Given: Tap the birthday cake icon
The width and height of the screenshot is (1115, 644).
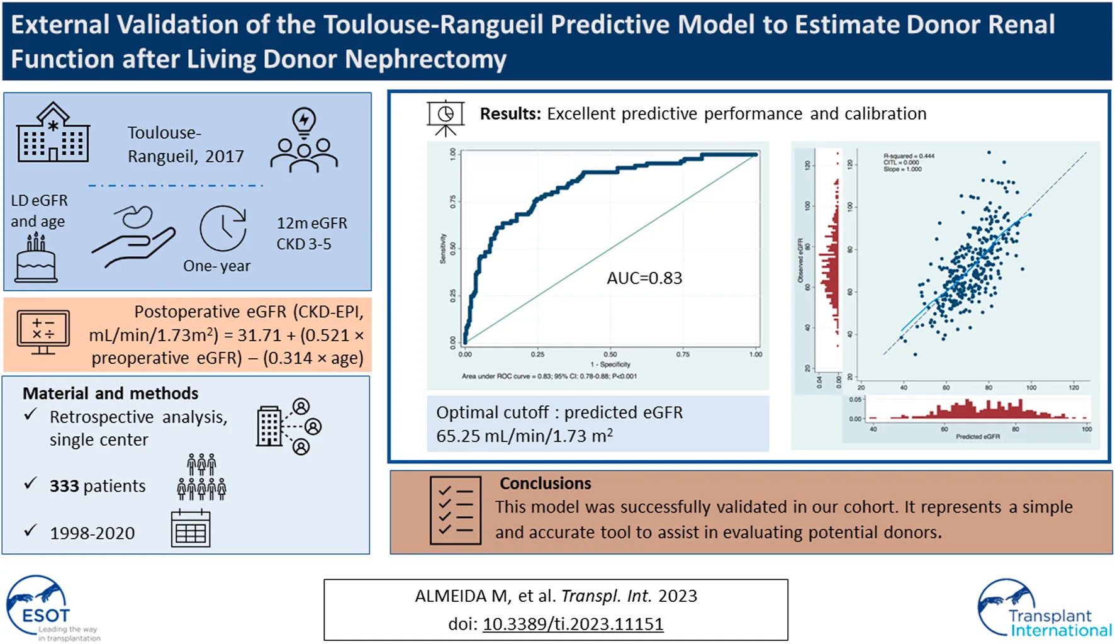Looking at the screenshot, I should click(36, 258).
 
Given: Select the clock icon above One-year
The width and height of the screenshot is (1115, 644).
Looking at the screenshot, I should click(223, 229).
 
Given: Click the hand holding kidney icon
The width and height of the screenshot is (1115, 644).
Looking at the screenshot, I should click(133, 235).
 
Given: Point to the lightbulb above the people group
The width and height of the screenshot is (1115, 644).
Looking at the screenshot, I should click(304, 121).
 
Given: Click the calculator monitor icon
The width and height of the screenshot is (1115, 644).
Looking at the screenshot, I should click(43, 332).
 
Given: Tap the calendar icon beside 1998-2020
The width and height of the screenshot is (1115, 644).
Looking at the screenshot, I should click(190, 528).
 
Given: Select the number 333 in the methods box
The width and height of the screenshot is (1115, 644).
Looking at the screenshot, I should click(64, 486).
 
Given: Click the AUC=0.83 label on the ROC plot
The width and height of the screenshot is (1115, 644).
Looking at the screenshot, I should click(644, 278).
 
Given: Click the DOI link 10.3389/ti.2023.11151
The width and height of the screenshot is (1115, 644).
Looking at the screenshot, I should click(573, 624).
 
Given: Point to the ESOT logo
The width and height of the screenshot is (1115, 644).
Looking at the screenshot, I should click(44, 607).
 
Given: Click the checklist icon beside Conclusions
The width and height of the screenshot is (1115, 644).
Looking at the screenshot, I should click(456, 510).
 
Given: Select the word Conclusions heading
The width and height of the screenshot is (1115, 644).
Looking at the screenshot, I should click(545, 483).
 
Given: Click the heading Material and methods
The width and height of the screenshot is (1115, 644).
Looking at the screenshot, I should click(110, 393).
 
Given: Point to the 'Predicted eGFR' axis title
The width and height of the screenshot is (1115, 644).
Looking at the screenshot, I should click(977, 436).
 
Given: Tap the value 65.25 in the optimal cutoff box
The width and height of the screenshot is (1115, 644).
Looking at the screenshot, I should click(457, 436).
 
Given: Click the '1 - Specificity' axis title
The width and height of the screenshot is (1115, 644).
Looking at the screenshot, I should click(610, 364).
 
